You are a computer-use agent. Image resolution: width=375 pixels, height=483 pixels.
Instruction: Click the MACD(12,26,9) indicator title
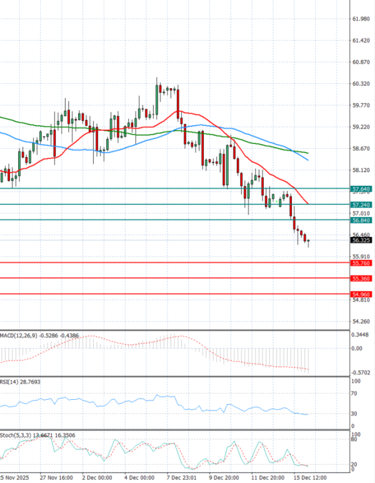pos(19,336)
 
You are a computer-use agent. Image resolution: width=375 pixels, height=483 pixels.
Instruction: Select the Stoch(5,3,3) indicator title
pos(16,433)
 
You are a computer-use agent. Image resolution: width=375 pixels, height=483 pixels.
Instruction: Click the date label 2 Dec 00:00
pos(97,477)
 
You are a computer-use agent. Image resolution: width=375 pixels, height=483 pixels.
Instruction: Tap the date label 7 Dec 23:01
pos(181,477)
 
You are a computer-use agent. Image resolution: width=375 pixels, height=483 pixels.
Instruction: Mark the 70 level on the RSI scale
pos(354,394)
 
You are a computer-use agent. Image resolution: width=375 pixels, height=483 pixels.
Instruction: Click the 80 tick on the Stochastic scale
pos(354,440)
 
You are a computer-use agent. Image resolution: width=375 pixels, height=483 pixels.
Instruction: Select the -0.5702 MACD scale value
pos(360,373)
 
